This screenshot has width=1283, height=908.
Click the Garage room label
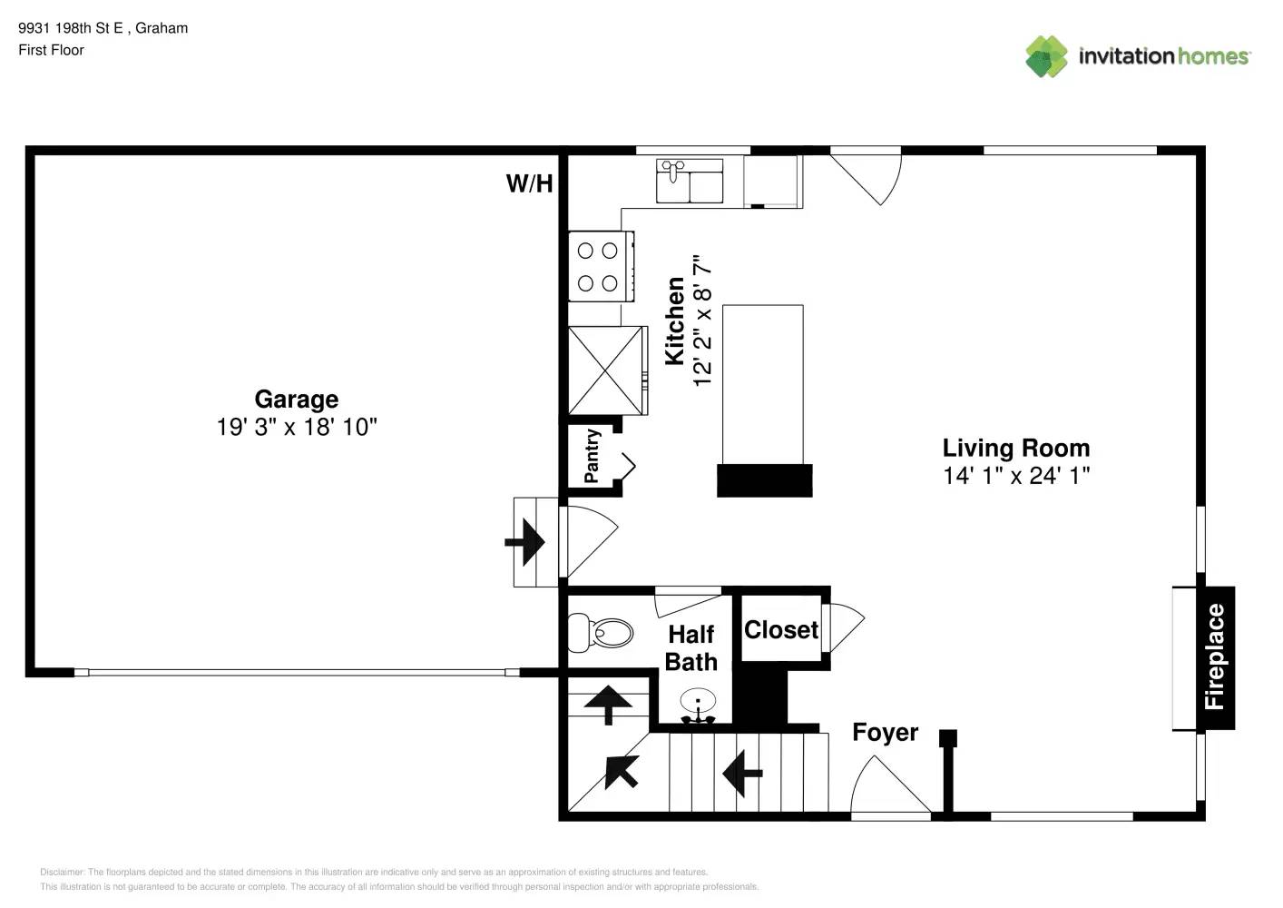click(296, 399)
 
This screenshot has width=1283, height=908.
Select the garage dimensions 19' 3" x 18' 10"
click(296, 427)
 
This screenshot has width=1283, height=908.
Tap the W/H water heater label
click(529, 183)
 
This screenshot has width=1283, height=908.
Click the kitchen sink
click(690, 181)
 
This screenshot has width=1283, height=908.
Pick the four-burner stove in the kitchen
click(599, 266)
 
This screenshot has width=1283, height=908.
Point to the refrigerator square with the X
click(606, 370)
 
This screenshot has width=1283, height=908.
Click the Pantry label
click(592, 457)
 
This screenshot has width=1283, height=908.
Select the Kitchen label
click(675, 321)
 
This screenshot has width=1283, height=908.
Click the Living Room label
click(1015, 448)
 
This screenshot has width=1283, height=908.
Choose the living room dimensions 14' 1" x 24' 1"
click(1015, 475)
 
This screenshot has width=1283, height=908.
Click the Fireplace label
click(1214, 656)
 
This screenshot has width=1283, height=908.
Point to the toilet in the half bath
click(601, 632)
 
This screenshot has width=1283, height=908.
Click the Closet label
click(780, 629)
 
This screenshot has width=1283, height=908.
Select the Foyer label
click(885, 732)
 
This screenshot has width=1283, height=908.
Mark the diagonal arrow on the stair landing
click(622, 771)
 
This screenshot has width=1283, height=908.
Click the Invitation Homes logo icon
click(1046, 56)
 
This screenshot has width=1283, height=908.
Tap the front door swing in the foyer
click(889, 787)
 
